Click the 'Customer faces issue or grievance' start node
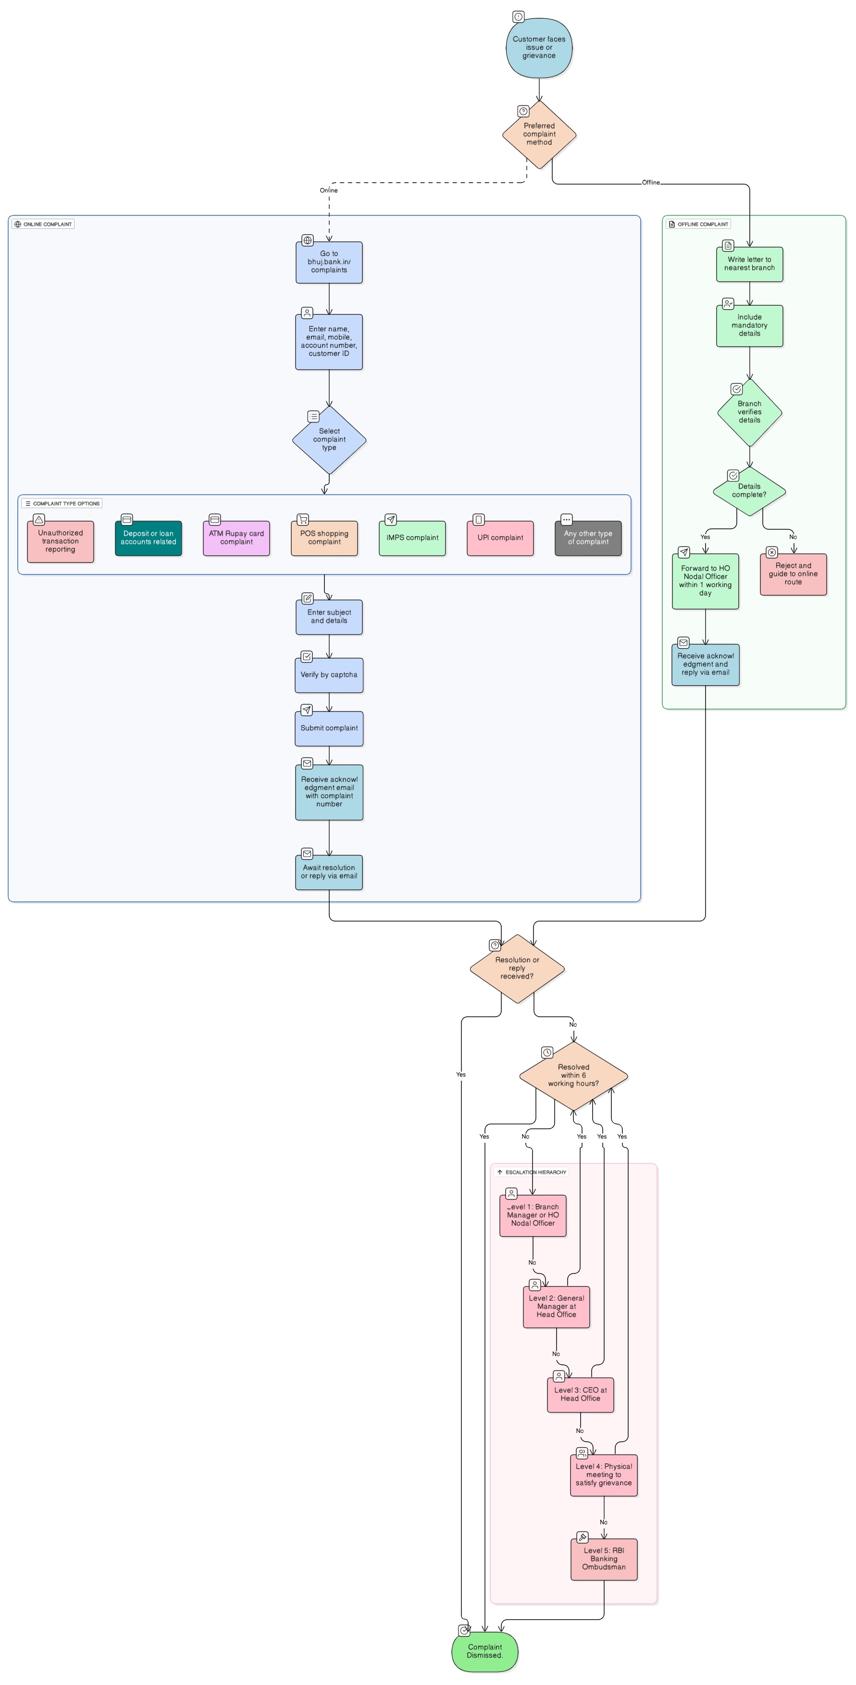[539, 48]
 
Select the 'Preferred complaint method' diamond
[539, 134]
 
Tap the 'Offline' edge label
[651, 183]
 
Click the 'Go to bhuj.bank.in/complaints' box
[329, 262]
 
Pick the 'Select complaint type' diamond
[329, 439]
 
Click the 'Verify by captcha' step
[329, 674]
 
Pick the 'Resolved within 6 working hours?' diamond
[573, 1075]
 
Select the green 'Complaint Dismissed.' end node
[484, 1652]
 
